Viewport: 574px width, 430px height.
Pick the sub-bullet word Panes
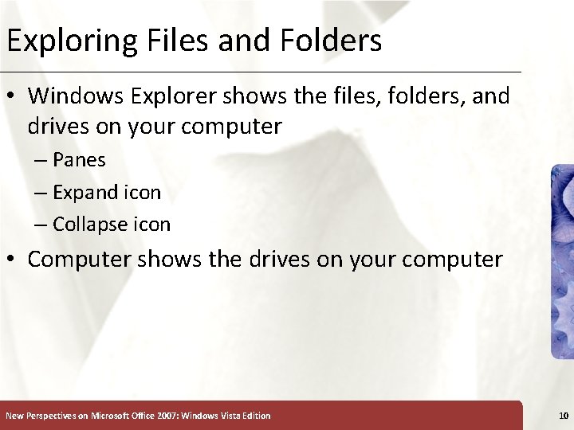[x=79, y=159]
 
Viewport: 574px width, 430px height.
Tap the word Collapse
[x=90, y=225]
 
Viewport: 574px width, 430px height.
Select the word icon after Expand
[x=144, y=192]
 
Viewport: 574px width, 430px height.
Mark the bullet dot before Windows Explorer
[x=13, y=97]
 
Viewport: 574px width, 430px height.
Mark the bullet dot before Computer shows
[x=13, y=260]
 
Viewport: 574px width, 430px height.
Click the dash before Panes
[x=41, y=159]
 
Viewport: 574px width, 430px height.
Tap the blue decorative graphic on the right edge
[x=561, y=262]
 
